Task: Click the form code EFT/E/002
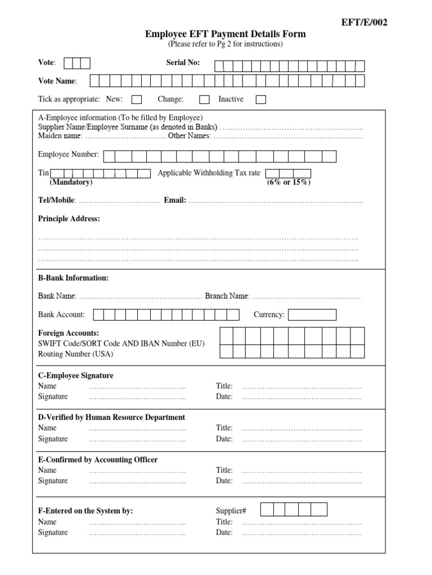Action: [x=364, y=22]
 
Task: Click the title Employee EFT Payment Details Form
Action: [x=226, y=34]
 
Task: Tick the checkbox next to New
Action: [x=137, y=100]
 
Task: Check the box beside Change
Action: [x=204, y=100]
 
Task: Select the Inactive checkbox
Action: [x=261, y=100]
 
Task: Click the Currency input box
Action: [x=312, y=314]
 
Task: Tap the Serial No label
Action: [x=183, y=63]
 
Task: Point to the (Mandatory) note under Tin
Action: [x=71, y=182]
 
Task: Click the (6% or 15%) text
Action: [x=289, y=182]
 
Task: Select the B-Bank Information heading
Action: [x=73, y=278]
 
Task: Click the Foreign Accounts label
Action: [x=69, y=333]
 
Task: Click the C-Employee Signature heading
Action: [x=75, y=376]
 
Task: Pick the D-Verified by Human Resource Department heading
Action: [x=111, y=417]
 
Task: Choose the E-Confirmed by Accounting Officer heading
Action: [x=98, y=459]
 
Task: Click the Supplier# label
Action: [x=231, y=510]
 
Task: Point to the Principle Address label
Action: [x=69, y=219]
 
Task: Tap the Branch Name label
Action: [x=226, y=296]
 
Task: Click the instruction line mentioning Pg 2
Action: [x=226, y=44]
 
